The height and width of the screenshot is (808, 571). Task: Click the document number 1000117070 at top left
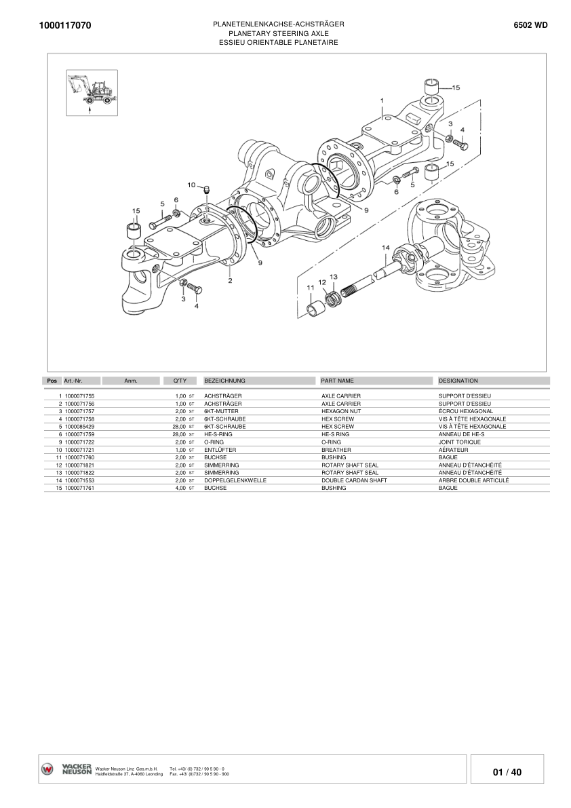pyautogui.click(x=66, y=26)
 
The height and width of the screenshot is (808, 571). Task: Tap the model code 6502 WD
pyautogui.click(x=531, y=25)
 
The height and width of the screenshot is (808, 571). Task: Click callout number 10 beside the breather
pyautogui.click(x=192, y=185)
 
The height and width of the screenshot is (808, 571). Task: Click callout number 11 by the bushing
pyautogui.click(x=311, y=288)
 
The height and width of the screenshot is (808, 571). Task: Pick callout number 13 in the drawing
pyautogui.click(x=333, y=277)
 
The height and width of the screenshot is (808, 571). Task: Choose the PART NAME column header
pyautogui.click(x=337, y=381)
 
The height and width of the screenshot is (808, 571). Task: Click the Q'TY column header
pyautogui.click(x=180, y=381)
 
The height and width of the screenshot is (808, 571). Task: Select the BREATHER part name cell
pyautogui.click(x=336, y=450)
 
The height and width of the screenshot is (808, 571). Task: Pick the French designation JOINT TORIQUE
pyautogui.click(x=459, y=442)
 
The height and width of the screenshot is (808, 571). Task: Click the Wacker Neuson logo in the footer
pyautogui.click(x=66, y=769)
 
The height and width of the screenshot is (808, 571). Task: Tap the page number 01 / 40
pyautogui.click(x=507, y=772)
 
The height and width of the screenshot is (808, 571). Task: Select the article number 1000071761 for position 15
pyautogui.click(x=79, y=488)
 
